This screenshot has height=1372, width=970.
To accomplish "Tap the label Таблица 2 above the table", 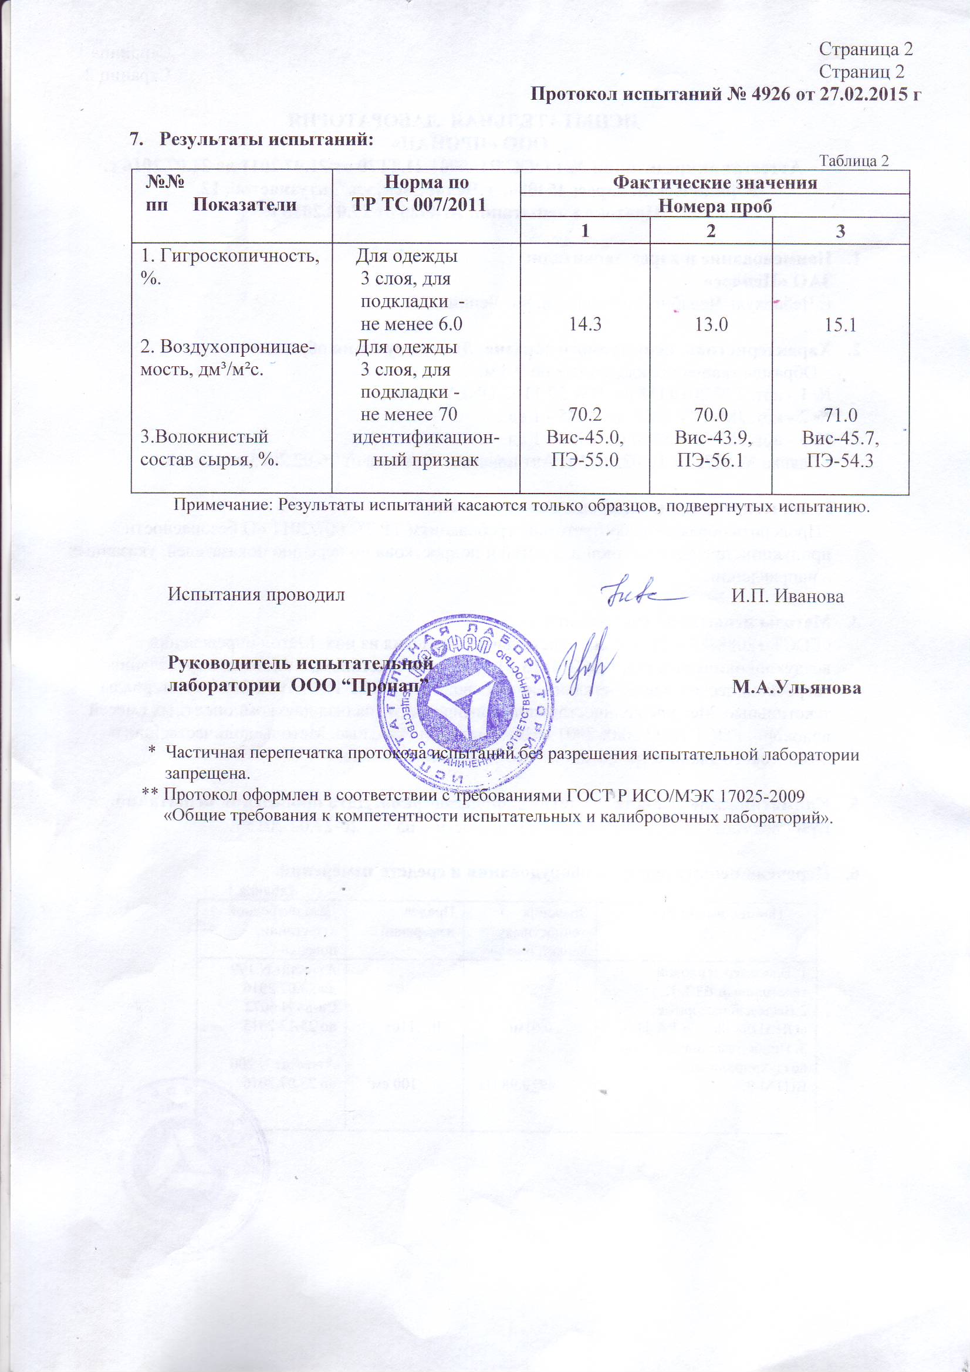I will click(853, 161).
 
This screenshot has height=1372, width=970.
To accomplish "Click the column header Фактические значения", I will click(715, 183).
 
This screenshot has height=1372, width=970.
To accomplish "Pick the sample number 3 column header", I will click(840, 231).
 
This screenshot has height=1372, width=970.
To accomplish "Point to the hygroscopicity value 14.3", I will click(585, 325).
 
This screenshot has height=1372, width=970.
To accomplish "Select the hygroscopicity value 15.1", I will click(840, 325).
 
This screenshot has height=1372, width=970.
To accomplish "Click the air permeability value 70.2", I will click(585, 415).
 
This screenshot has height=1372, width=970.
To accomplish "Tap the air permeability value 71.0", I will click(840, 415).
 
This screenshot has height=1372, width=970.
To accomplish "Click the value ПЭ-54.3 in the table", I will click(840, 460).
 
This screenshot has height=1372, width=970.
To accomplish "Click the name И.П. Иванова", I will click(788, 596).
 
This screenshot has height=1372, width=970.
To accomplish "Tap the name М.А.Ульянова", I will click(797, 688).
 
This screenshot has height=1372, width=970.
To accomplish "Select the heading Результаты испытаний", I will click(266, 140).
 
